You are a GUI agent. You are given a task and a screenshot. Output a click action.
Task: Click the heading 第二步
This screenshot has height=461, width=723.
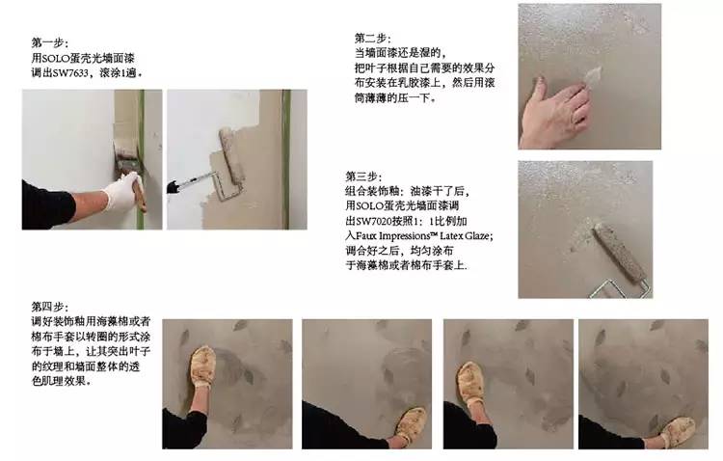tap(370, 39)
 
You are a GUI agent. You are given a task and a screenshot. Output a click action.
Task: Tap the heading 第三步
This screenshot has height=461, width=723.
tap(361, 176)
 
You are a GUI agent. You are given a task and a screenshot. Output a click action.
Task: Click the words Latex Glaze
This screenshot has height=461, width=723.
tap(465, 236)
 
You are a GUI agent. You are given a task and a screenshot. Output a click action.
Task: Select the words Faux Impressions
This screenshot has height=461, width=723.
tap(393, 236)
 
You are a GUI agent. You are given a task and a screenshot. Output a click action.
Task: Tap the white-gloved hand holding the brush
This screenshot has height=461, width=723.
tap(123, 190)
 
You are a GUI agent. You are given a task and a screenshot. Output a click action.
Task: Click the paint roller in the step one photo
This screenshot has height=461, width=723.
tap(231, 155)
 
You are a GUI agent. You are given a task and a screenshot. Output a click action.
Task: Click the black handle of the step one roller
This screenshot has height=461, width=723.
tap(173, 187)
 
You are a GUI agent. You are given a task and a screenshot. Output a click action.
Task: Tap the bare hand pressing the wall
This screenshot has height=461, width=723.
tap(554, 112)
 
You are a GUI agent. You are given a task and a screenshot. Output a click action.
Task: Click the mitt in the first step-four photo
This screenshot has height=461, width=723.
tap(202, 366)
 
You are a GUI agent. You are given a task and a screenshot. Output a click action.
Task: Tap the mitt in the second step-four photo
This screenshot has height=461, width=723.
tap(410, 426)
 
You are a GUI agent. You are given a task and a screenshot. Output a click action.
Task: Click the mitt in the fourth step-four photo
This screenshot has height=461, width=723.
tap(678, 432)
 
